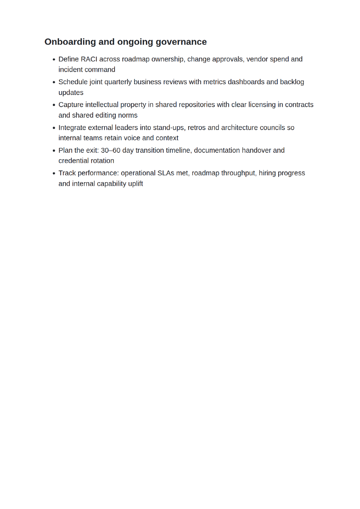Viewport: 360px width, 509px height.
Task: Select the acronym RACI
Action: coord(89,59)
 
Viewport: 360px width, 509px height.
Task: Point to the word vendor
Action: coord(257,59)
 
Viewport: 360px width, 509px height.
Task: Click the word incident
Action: coord(71,70)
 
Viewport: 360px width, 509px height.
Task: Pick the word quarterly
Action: coord(118,82)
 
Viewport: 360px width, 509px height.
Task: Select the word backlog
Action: coord(292,82)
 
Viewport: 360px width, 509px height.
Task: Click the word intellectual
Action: coord(102,105)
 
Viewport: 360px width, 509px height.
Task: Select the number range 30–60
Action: coord(110,150)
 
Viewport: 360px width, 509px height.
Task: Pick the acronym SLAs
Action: coord(166,173)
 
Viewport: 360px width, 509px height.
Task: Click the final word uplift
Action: coord(135,184)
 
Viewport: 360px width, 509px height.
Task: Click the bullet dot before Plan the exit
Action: coord(54,151)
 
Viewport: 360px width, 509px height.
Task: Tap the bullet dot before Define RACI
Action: coord(54,60)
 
